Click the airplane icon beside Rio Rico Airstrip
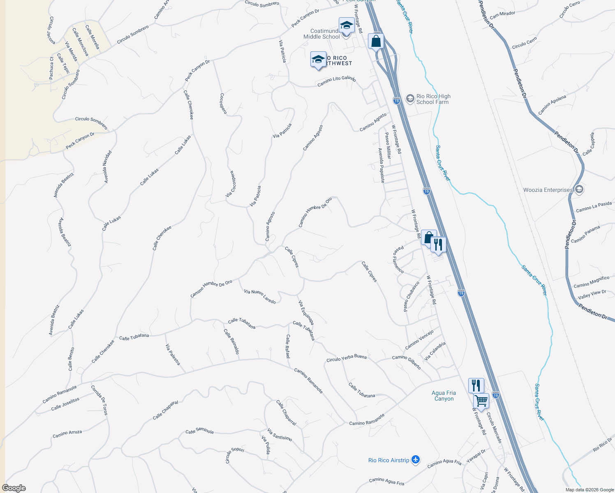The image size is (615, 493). pos(416,460)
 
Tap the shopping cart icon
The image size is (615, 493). pos(481,400)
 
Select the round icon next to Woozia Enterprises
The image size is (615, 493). pos(579,189)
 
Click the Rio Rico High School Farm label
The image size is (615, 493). pos(433,99)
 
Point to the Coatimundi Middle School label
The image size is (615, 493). pos(322,34)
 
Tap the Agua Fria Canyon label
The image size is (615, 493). pos(444,396)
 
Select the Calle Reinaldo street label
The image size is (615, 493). pos(231,341)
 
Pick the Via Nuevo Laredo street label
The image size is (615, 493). pos(260,296)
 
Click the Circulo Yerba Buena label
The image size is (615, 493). pos(346,358)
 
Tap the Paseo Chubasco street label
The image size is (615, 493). pos(412,296)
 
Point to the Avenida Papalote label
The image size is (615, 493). pos(381,165)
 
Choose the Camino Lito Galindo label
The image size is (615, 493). pos(336,81)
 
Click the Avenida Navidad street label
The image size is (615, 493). pos(107,167)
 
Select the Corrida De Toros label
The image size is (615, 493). pos(99,400)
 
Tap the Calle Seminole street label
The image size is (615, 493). pos(199,431)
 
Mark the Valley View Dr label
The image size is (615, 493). pos(592,294)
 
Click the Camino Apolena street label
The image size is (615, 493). pos(552,105)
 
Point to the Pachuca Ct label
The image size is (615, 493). pos(51,68)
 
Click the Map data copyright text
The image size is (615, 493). pos(589,489)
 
